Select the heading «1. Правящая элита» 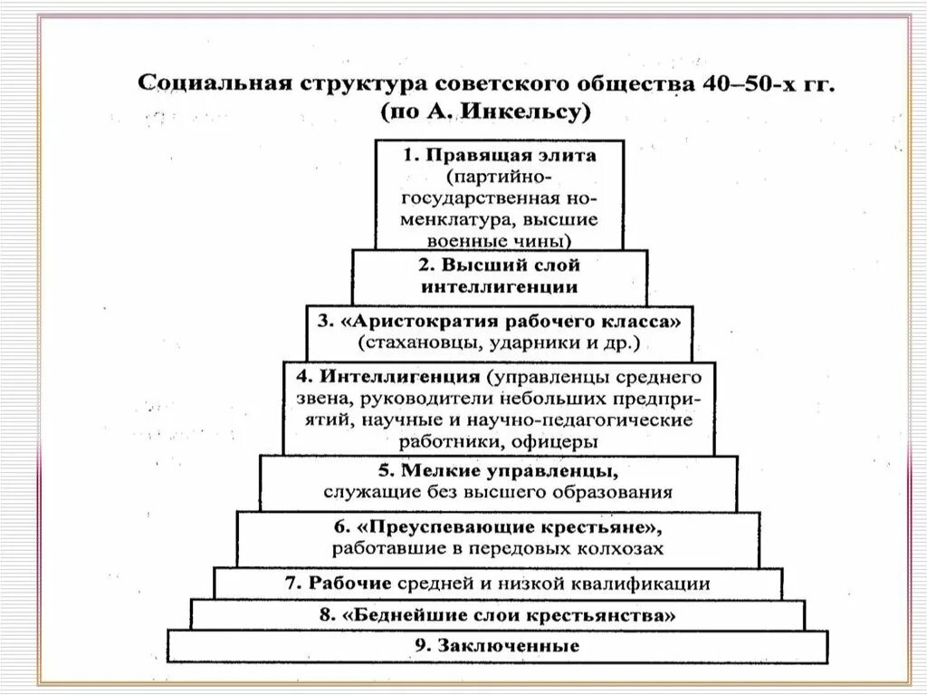pyautogui.click(x=500, y=155)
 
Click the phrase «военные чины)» pyautogui.click(x=500, y=240)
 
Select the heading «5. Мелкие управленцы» pyautogui.click(x=500, y=472)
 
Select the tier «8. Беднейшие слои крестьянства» pyautogui.click(x=498, y=614)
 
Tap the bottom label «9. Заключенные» pyautogui.click(x=498, y=646)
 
